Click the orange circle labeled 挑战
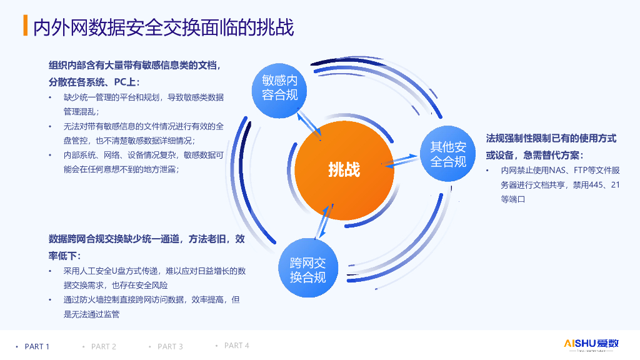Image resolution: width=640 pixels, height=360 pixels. [344, 169]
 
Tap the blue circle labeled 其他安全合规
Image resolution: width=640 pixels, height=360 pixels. [448, 154]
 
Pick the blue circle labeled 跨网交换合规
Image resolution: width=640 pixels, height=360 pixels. [307, 270]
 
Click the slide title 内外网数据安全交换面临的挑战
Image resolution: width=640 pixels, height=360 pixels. [163, 27]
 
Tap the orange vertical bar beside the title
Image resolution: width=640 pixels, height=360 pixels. [25, 26]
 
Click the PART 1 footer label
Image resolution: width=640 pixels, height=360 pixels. [37, 346]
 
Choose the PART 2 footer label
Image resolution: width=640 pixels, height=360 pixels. [104, 346]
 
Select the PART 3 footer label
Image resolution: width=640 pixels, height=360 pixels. [170, 346]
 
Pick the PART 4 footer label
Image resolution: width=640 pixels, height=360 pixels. [237, 346]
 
